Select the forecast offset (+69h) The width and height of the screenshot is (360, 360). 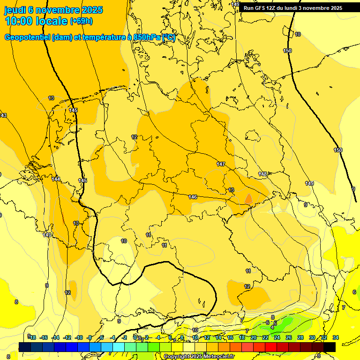click(81, 21)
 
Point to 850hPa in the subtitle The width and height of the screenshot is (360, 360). click(147, 37)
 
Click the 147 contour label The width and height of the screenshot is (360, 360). click(221, 164)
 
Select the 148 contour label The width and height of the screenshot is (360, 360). click(262, 174)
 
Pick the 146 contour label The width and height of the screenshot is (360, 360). click(193, 197)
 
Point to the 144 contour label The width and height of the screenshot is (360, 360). click(56, 179)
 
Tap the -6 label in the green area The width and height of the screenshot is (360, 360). click(268, 322)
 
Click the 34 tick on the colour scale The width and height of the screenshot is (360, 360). click(336, 337)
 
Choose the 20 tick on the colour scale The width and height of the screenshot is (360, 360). click(254, 337)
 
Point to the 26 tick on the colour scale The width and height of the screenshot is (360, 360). click(289, 337)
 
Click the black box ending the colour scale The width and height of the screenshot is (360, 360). click(330, 347)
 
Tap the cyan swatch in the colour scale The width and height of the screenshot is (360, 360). click(119, 347)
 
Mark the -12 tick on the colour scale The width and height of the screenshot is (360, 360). click(67, 337)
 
